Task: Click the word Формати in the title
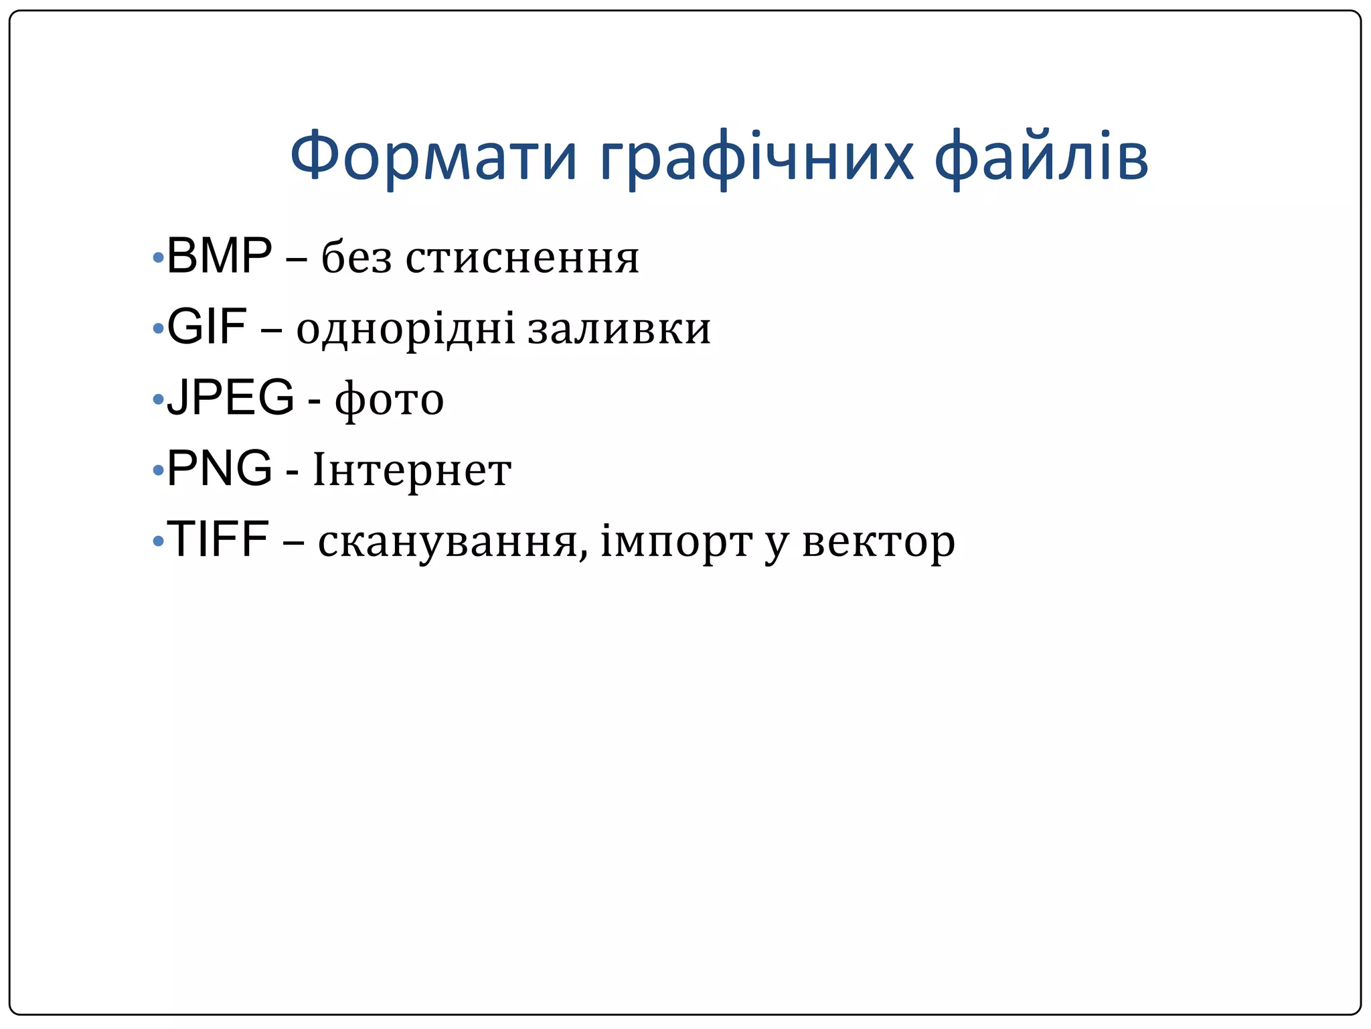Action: coord(433,157)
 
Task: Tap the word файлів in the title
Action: coord(1041,157)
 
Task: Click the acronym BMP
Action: coord(219,257)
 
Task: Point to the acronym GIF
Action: coord(206,328)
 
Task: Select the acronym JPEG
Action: coord(230,398)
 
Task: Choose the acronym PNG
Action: coord(219,469)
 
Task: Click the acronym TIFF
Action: coord(218,539)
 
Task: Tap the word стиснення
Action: coord(522,259)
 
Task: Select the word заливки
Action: coord(619,330)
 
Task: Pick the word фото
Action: coord(389,401)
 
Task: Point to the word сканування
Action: coord(453,542)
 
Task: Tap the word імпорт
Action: coord(676,543)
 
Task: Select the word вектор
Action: coord(878,542)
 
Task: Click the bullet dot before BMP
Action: coord(158,257)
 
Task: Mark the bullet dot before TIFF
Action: coord(158,541)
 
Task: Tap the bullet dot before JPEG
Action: coord(158,400)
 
